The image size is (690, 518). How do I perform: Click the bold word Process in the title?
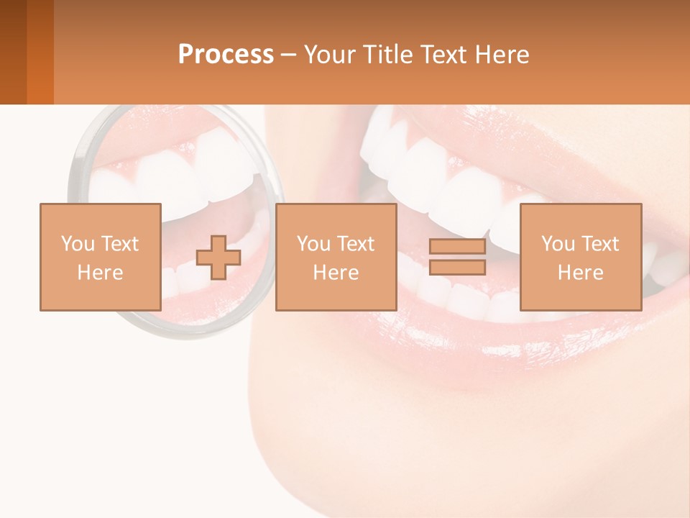coord(226,55)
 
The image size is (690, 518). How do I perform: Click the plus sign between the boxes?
coord(218,258)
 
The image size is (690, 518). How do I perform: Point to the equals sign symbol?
coord(457,257)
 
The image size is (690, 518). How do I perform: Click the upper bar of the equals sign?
coord(457,247)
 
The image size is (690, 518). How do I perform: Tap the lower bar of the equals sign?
coord(457,267)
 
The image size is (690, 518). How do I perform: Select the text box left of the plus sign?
coord(100,257)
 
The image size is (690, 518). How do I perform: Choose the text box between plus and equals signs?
coord(336,257)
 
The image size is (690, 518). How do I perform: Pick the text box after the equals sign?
coord(580,257)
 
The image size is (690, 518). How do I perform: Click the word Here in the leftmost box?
coord(100,273)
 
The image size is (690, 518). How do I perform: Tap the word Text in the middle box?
coord(355,244)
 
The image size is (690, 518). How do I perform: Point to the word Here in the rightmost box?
coord(580,273)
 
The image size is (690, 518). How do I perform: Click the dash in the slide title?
coord(289,55)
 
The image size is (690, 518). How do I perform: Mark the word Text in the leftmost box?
coord(119,244)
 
